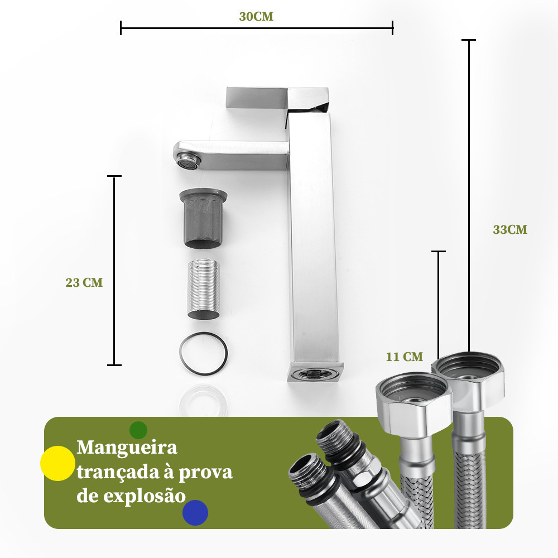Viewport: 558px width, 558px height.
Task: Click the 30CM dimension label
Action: [256, 17]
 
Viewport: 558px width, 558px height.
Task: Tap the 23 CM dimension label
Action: [84, 282]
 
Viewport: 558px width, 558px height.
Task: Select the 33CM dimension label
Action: [510, 229]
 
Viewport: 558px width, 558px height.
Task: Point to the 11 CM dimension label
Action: [405, 357]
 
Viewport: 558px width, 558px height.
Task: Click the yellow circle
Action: [57, 463]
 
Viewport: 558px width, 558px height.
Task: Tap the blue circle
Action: [195, 512]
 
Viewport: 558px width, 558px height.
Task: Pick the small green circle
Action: [138, 430]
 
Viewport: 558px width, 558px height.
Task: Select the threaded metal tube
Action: [204, 289]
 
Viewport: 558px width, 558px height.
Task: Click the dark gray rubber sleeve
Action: [203, 218]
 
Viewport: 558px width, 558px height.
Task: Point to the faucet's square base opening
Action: [315, 373]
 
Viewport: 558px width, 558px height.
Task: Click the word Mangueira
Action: [127, 447]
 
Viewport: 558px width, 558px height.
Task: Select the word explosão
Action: [145, 496]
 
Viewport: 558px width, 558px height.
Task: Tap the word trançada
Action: [117, 473]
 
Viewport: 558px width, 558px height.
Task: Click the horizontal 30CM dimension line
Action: [257, 28]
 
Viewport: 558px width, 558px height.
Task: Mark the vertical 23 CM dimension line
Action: [114, 271]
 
